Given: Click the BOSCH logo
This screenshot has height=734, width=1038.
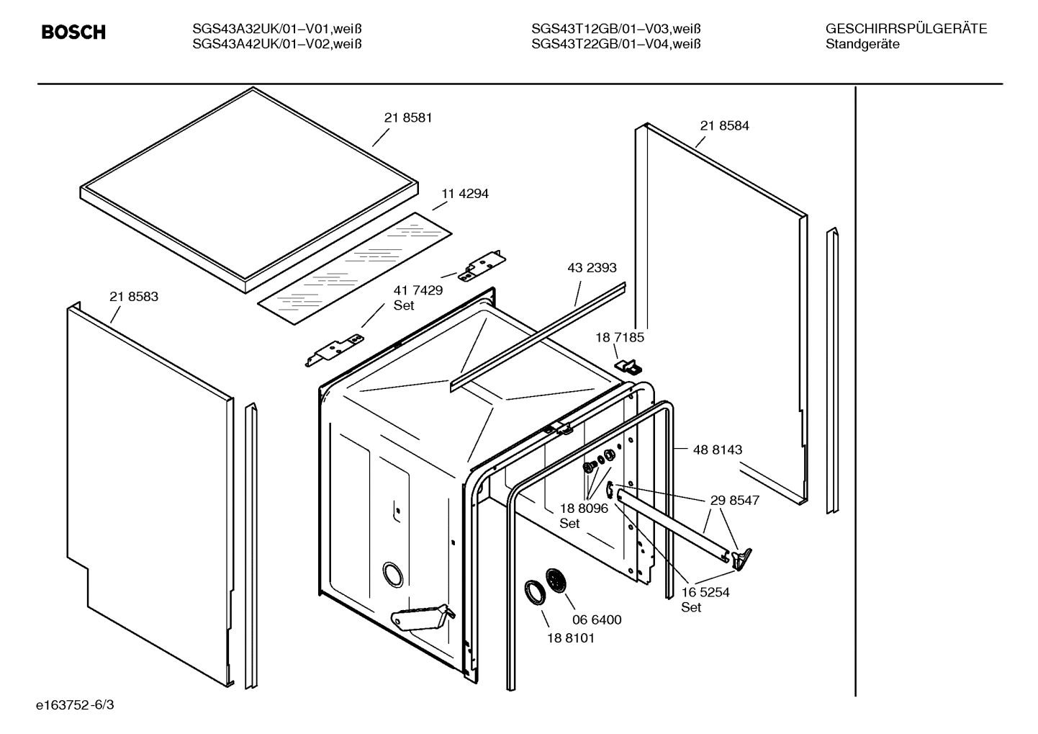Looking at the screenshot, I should pos(73,32).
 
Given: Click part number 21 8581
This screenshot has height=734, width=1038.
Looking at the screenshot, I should pos(408,117).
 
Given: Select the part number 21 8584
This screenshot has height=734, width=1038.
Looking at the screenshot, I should pos(724,125).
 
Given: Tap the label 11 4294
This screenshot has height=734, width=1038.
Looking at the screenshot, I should pos(464,194).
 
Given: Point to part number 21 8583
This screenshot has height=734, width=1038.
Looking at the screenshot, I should pos(134,296).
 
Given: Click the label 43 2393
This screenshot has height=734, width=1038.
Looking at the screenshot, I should pos(592,268).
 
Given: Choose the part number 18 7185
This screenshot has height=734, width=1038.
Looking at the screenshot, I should pos(619,337).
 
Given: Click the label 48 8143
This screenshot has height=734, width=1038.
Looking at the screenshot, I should pos(717,449).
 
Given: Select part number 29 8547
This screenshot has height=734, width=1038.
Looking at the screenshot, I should pos(734,500).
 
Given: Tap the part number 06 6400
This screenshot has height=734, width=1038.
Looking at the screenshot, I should pos(597,619).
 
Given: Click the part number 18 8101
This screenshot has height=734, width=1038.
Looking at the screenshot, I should pos(571,637).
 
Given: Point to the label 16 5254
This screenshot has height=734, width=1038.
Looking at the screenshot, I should pos(705,592).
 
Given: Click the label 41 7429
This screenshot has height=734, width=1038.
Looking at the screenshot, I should pos(418,290).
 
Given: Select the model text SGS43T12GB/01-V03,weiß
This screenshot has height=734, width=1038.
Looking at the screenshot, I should pos(615,30).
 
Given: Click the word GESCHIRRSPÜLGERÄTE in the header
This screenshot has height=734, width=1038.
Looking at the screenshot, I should pos(906,30).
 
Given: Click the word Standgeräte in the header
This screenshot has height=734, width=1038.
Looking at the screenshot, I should pos(862,45).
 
